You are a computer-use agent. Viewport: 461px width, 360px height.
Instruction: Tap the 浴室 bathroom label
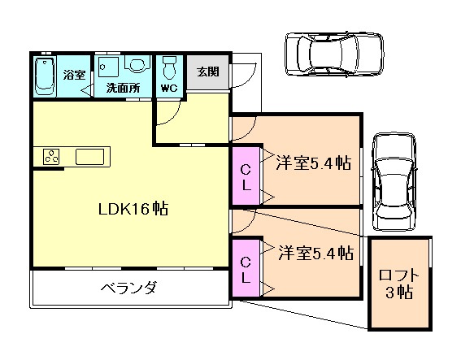tap(76, 74)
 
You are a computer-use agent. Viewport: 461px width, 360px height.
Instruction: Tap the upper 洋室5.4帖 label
tap(312, 163)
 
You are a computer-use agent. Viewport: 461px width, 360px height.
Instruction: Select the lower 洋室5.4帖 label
tap(314, 252)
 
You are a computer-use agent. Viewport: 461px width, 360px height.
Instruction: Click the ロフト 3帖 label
tap(399, 284)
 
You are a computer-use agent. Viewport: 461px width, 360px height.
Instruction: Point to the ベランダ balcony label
tap(128, 288)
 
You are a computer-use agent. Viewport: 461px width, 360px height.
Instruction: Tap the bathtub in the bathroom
tap(46, 76)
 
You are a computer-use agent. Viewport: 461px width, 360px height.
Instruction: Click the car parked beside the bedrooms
tap(394, 181)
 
